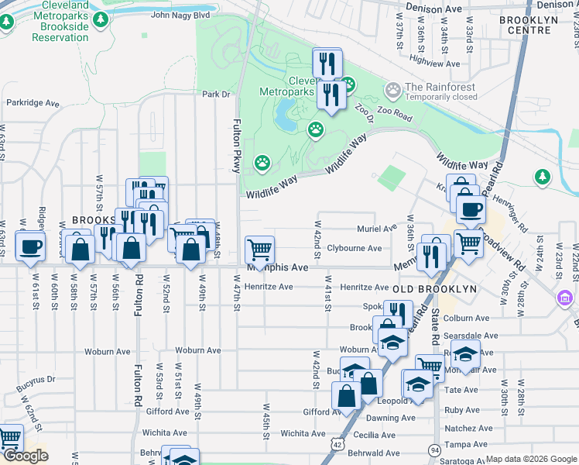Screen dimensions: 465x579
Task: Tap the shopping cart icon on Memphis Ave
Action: (x=259, y=250)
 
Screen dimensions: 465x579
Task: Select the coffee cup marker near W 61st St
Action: (x=30, y=247)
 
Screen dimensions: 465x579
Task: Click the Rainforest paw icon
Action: (x=393, y=91)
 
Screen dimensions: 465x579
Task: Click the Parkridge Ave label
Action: (x=33, y=102)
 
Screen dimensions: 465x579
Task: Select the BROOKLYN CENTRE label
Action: (x=529, y=25)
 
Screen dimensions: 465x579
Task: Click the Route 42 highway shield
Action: (x=336, y=443)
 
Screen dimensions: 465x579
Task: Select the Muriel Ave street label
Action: (x=377, y=229)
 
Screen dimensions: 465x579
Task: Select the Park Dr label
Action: (x=217, y=95)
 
